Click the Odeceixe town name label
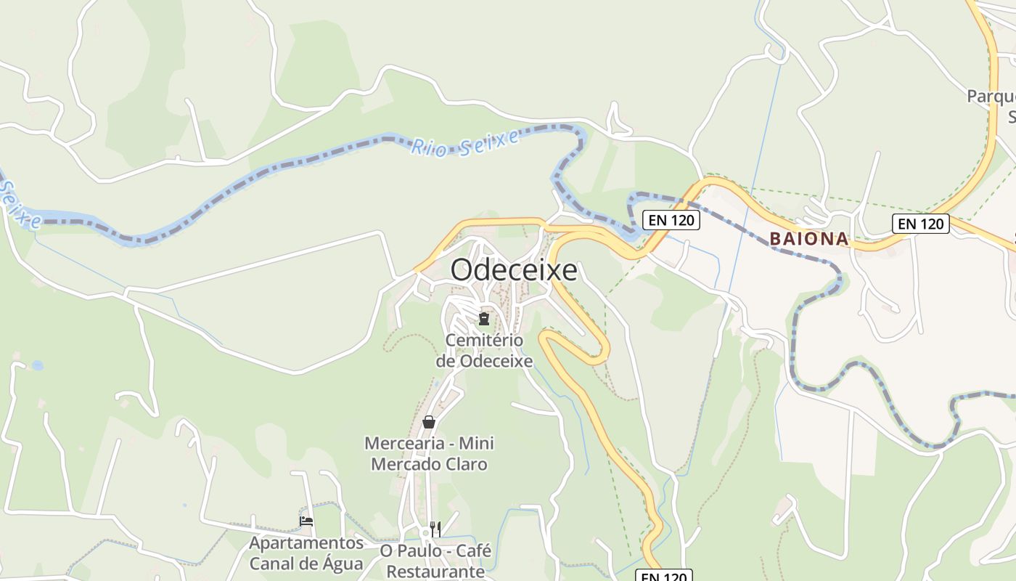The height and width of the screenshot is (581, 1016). tap(514, 270)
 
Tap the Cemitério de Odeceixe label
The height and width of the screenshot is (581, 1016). tap(484, 350)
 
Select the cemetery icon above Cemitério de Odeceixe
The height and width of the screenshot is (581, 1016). tap(484, 318)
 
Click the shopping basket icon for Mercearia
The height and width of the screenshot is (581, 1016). tap(429, 421)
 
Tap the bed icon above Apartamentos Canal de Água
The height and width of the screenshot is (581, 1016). tap(306, 521)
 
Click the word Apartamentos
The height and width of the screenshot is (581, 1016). tap(306, 543)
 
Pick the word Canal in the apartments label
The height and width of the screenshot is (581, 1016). tap(271, 564)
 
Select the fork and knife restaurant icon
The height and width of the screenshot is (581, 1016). tap(435, 529)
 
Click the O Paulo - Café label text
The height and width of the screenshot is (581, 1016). tap(435, 551)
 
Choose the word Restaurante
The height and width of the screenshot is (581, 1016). tap(435, 572)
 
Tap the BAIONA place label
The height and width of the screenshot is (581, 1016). tap(809, 238)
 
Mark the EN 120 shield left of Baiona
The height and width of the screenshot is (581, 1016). tap(671, 220)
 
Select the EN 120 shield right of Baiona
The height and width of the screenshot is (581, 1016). tap(921, 224)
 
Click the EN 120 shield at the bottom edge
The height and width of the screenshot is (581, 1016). tap(664, 576)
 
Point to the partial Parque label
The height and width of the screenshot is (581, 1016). tap(991, 97)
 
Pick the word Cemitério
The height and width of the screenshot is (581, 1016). tap(484, 340)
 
